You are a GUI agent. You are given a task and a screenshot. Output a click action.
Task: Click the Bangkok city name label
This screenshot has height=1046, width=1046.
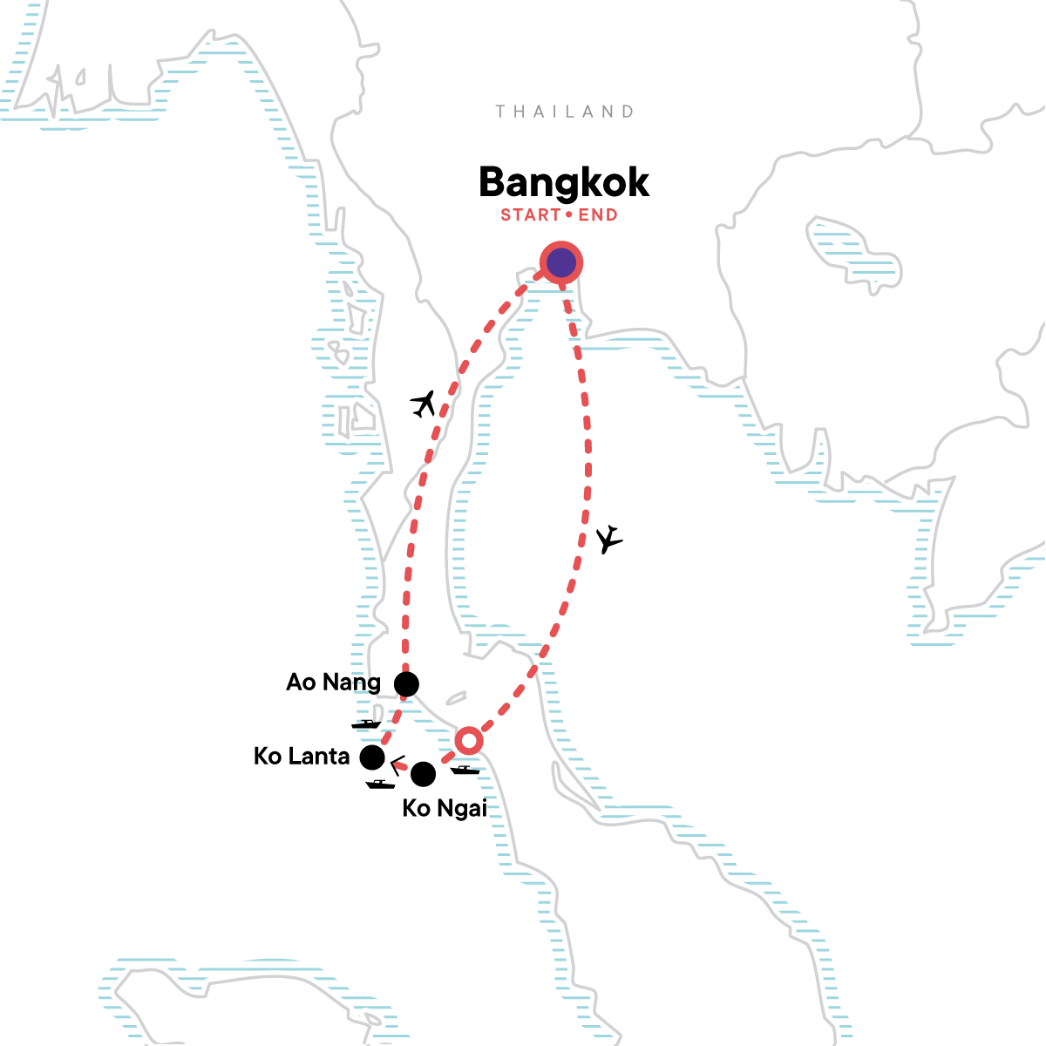pos(564,183)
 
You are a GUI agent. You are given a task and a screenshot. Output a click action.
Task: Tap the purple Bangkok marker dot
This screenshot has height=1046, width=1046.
pos(560,262)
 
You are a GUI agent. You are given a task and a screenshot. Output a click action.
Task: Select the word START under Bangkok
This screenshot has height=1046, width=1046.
pos(530,215)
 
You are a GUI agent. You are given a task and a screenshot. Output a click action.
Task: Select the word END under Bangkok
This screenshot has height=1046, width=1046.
pos(598,215)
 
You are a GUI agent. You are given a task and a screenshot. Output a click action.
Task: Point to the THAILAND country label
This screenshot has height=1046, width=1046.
pos(564,112)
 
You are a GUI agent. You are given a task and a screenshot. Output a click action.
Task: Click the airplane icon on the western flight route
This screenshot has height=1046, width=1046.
pos(423,404)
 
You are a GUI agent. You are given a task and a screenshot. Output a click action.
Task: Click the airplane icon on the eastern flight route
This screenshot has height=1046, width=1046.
pos(610,540)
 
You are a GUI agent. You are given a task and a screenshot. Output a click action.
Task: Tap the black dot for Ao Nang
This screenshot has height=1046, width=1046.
pos(406,684)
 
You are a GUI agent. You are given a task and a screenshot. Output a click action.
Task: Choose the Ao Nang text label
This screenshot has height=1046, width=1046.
pos(333,682)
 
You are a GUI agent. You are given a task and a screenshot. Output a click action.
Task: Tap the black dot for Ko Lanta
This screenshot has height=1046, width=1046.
pos(372,757)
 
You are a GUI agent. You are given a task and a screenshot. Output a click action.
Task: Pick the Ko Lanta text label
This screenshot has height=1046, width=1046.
pos(302,757)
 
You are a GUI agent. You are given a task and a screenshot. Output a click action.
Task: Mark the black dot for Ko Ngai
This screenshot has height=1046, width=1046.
pos(423,773)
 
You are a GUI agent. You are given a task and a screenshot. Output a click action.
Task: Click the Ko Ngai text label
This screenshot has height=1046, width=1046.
pos(444,809)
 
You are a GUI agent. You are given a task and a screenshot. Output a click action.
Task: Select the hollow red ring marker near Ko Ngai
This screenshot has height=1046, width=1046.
pos(468,741)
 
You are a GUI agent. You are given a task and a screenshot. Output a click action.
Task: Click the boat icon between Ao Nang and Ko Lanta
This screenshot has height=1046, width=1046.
pos(366,723)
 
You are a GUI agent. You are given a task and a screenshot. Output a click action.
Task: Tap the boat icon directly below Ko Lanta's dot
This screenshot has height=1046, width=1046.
pos(380,784)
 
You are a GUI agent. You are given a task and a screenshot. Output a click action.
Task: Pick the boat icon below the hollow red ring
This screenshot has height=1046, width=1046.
pos(465,770)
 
